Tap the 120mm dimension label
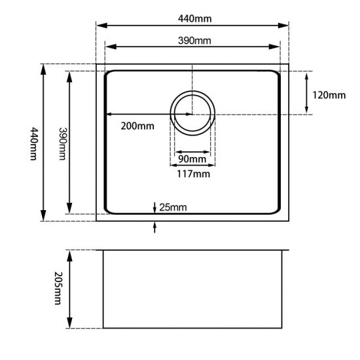coord(328,95)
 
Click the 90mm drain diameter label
coord(192,160)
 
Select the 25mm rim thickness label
coord(173,208)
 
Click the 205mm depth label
coord(58,289)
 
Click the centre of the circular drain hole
coord(192,113)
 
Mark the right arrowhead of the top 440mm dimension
coord(285,26)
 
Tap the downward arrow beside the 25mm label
coord(154,208)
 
